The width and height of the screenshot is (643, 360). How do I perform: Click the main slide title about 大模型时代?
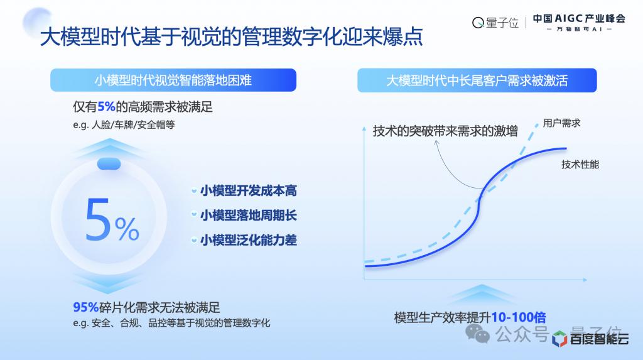coord(231,36)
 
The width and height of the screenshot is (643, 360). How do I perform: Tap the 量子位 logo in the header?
coord(495,23)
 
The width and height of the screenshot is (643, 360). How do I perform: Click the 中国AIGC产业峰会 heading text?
coord(579,18)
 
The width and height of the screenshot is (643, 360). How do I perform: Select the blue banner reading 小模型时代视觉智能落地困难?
coord(173,80)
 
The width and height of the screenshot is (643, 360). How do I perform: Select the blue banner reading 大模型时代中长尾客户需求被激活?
coord(477,80)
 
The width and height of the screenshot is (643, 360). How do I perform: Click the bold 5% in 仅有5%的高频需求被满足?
coord(106,107)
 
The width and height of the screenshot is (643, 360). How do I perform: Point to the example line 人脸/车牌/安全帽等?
coord(124,125)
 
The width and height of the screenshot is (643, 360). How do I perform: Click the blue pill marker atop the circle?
coord(109,164)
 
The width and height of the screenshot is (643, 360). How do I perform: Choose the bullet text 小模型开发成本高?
coord(249,191)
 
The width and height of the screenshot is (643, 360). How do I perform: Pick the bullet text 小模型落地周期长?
coord(249,215)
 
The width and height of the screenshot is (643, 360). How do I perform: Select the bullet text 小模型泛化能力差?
coord(249,240)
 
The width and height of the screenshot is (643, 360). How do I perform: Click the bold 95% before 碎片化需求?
coord(85,307)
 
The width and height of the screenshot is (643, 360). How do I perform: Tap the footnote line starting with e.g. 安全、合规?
coord(171,323)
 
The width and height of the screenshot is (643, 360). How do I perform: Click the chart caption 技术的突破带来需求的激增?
coord(445,131)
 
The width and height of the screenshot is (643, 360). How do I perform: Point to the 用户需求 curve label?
coord(562,123)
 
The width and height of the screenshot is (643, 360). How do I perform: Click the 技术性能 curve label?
coord(580,165)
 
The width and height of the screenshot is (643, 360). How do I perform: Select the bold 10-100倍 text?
coord(518,317)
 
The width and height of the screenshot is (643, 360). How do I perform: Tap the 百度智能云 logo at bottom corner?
coord(590,339)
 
